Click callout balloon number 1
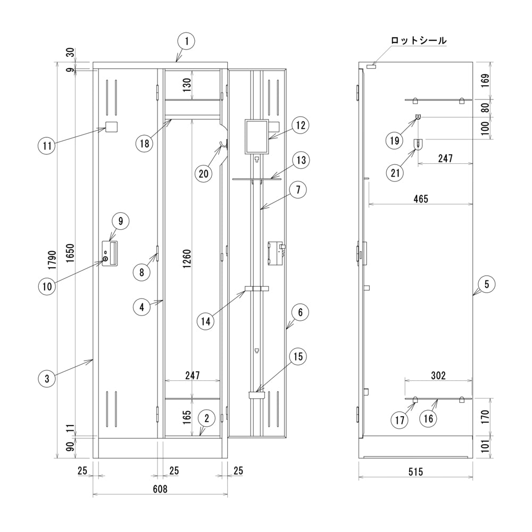[186, 40]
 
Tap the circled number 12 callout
[300, 126]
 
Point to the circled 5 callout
[486, 284]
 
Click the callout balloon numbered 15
[297, 356]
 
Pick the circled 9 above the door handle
[120, 221]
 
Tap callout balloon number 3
[47, 379]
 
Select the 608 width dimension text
[160, 489]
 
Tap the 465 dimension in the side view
[419, 198]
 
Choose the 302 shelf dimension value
[438, 376]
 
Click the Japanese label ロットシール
[419, 40]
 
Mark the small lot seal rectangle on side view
[371, 66]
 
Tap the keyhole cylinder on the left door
[105, 259]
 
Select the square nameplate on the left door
[112, 127]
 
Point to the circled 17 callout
[401, 420]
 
